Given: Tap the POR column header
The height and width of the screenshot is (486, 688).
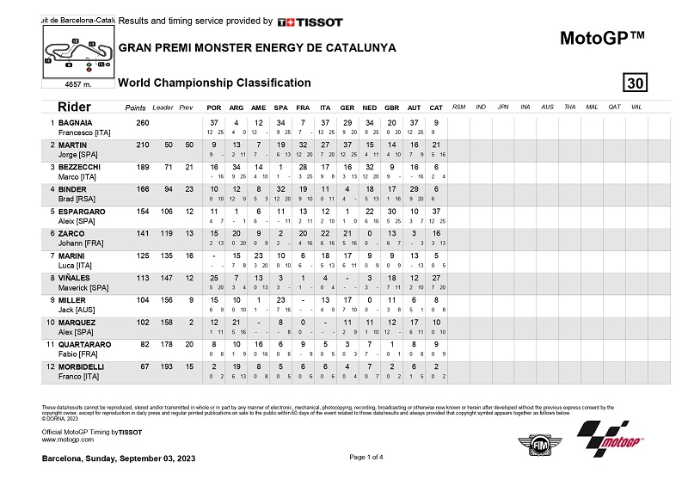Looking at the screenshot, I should pyautogui.click(x=214, y=107).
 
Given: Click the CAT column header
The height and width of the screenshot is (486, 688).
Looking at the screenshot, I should pyautogui.click(x=436, y=107).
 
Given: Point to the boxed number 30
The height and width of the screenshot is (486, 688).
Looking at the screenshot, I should pyautogui.click(x=636, y=83).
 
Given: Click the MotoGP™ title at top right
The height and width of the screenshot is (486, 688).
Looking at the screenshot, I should pyautogui.click(x=602, y=38).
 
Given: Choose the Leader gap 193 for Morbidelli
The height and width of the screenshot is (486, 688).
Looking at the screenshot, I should pyautogui.click(x=163, y=365).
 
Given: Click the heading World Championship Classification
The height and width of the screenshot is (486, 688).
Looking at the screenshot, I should pyautogui.click(x=214, y=83).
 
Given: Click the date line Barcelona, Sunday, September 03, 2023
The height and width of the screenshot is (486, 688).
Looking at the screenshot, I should pyautogui.click(x=119, y=459).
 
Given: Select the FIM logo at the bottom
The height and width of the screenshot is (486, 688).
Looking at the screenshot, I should pyautogui.click(x=533, y=442).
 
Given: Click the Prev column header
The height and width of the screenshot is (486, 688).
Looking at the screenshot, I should pyautogui.click(x=187, y=108).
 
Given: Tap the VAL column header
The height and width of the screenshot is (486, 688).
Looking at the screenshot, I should pyautogui.click(x=636, y=107).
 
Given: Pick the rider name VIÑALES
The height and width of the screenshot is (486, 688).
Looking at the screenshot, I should pyautogui.click(x=76, y=277).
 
